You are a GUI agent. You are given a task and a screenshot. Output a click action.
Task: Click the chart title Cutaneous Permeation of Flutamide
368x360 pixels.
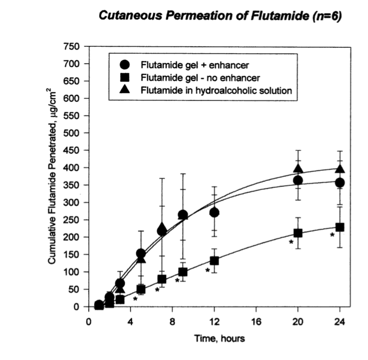(x=220, y=17)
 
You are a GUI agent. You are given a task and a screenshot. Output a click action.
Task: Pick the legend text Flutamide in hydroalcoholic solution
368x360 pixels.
(x=217, y=90)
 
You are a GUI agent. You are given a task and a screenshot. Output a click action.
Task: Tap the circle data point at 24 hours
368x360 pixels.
(x=340, y=182)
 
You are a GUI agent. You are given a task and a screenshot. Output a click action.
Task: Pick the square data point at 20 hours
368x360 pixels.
(x=298, y=233)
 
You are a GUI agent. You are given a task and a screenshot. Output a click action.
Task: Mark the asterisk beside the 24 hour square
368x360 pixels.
(x=332, y=235)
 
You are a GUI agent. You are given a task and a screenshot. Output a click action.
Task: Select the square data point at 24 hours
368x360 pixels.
(x=340, y=227)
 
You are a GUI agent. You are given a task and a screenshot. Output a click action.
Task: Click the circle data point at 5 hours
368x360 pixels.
(x=141, y=253)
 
